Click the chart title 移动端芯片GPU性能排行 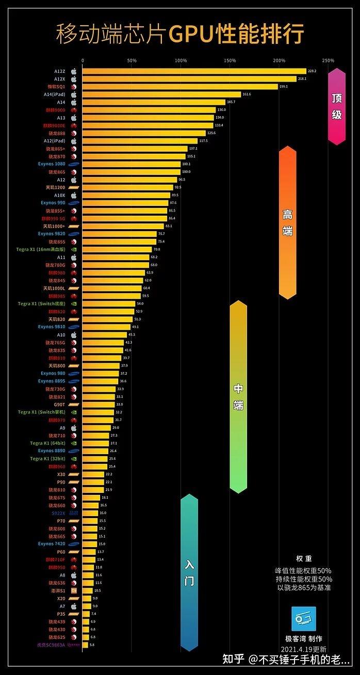[180, 34]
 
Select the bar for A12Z [194, 71]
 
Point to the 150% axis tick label [230, 61]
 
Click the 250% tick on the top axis [328, 61]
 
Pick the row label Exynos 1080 [52, 164]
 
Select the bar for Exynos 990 [125, 203]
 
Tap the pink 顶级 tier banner [337, 106]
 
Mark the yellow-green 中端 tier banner [238, 396]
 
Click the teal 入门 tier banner [189, 572]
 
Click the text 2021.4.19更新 [304, 649]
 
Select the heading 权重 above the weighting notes [304, 559]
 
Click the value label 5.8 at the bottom [92, 645]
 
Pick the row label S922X [58, 513]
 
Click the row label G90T [59, 405]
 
